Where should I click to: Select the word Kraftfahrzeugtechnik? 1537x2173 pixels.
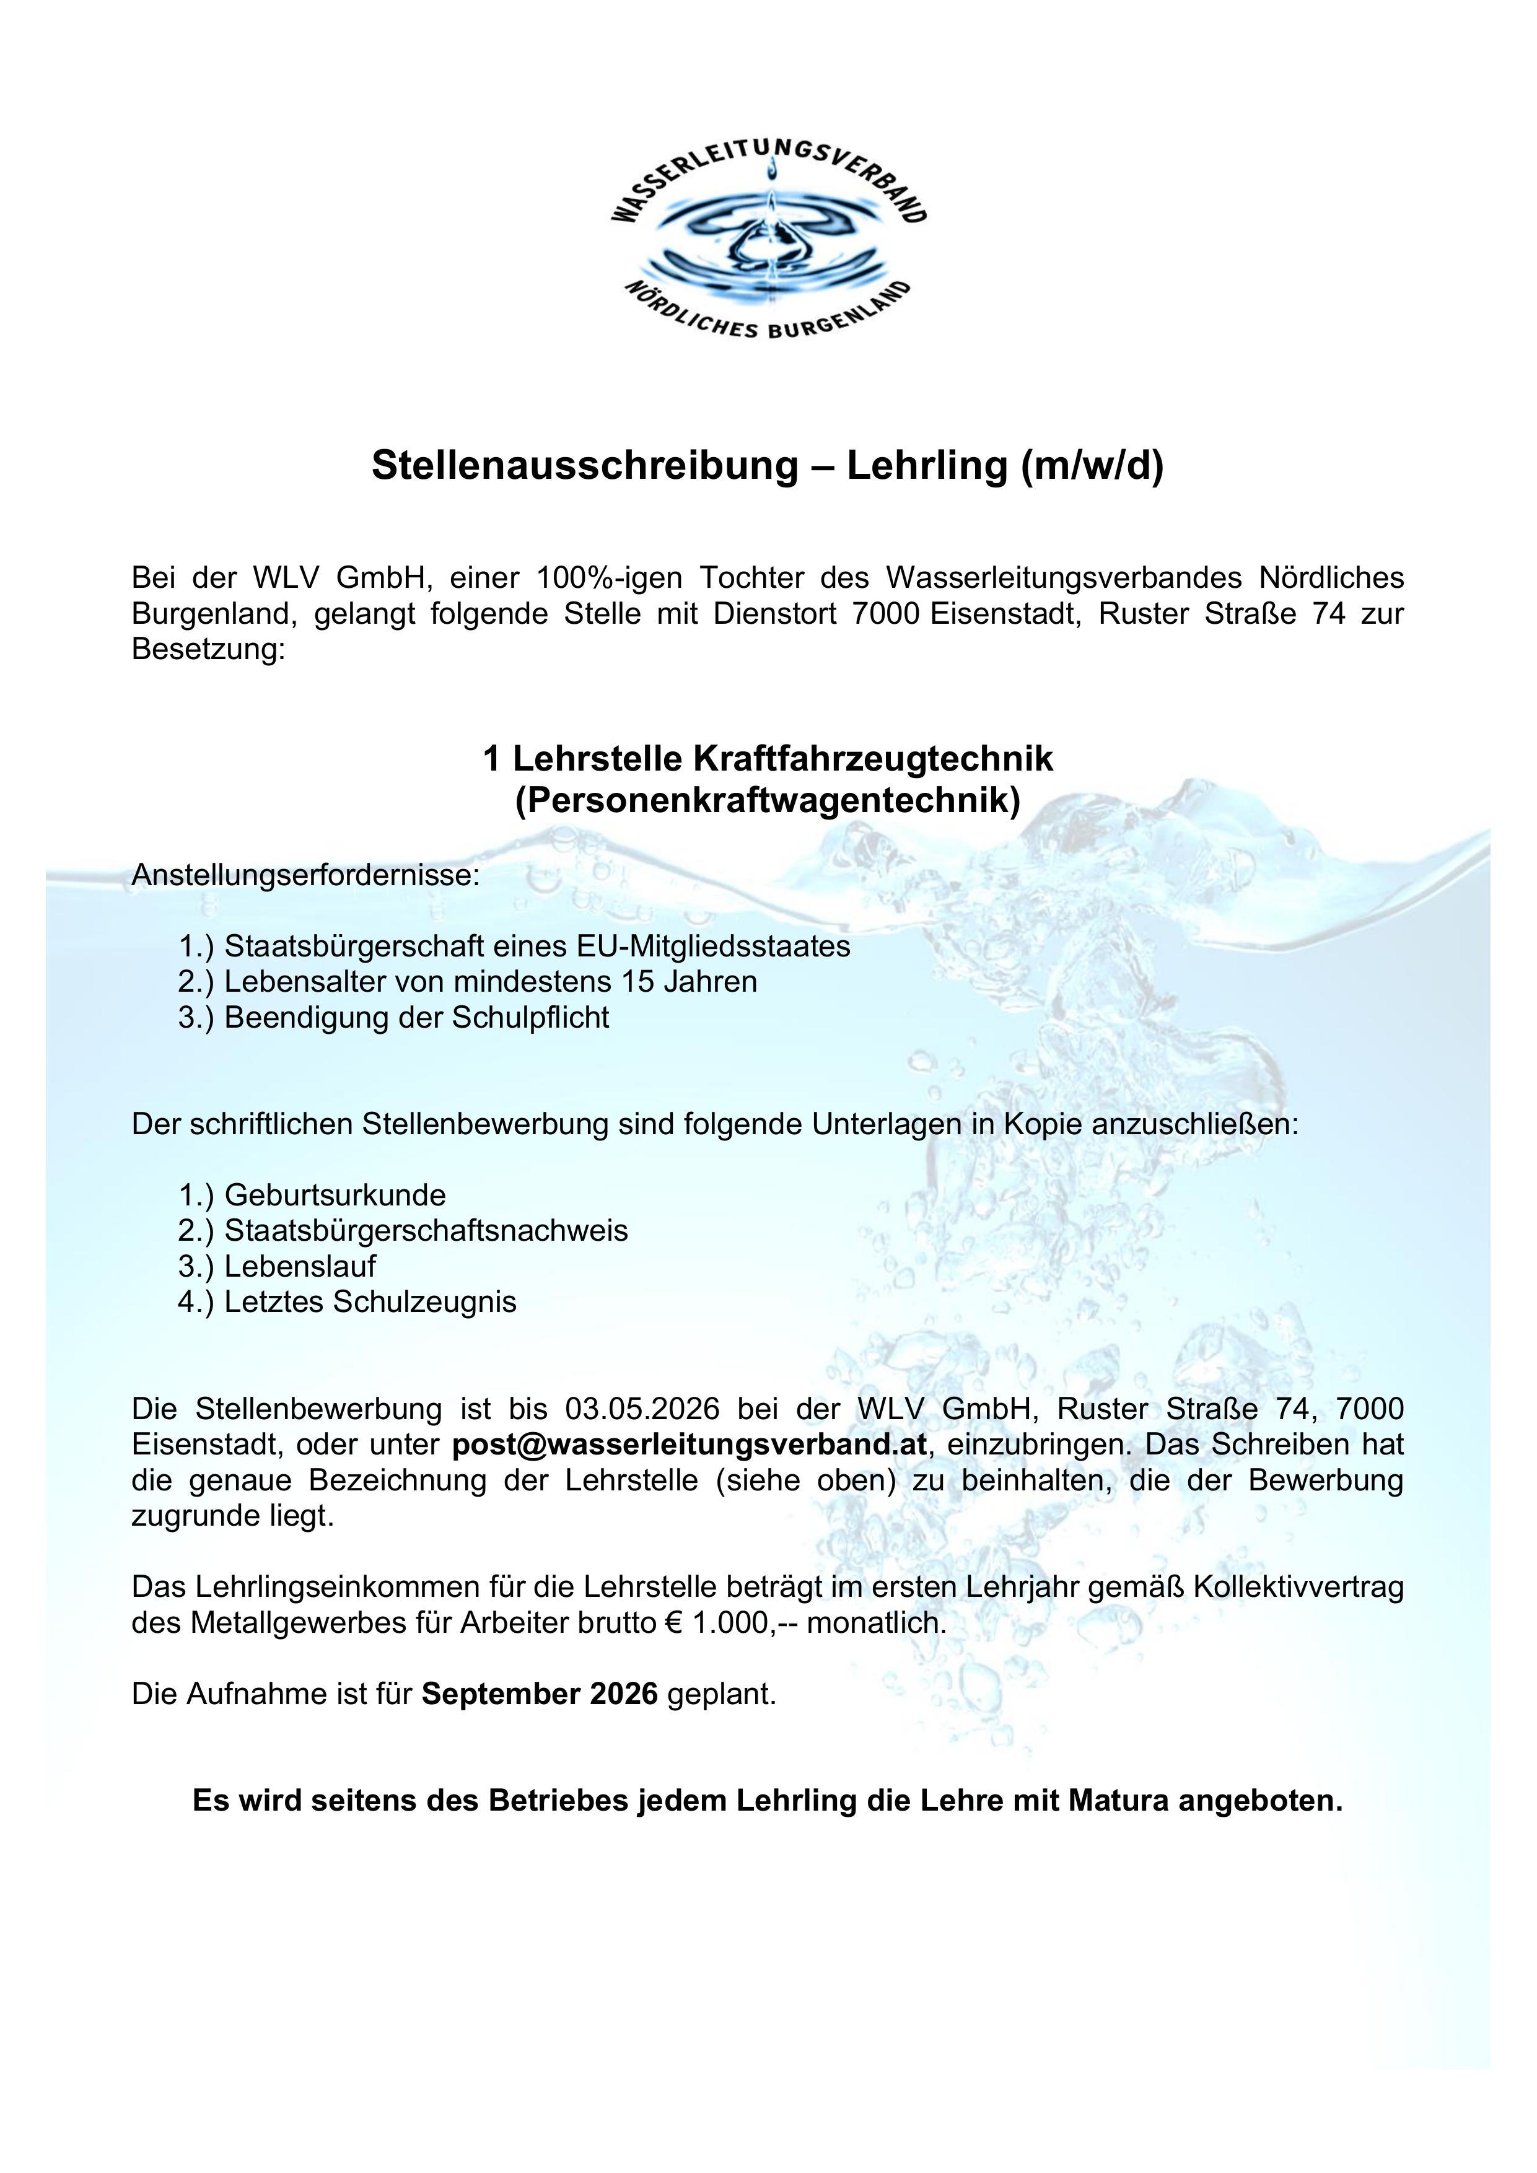pos(874,759)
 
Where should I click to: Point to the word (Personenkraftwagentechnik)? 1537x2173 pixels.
pos(768,801)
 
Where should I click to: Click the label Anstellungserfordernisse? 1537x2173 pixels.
pos(305,875)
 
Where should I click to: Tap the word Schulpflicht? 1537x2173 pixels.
pos(530,1017)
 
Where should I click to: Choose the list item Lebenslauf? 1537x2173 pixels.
pos(300,1266)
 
